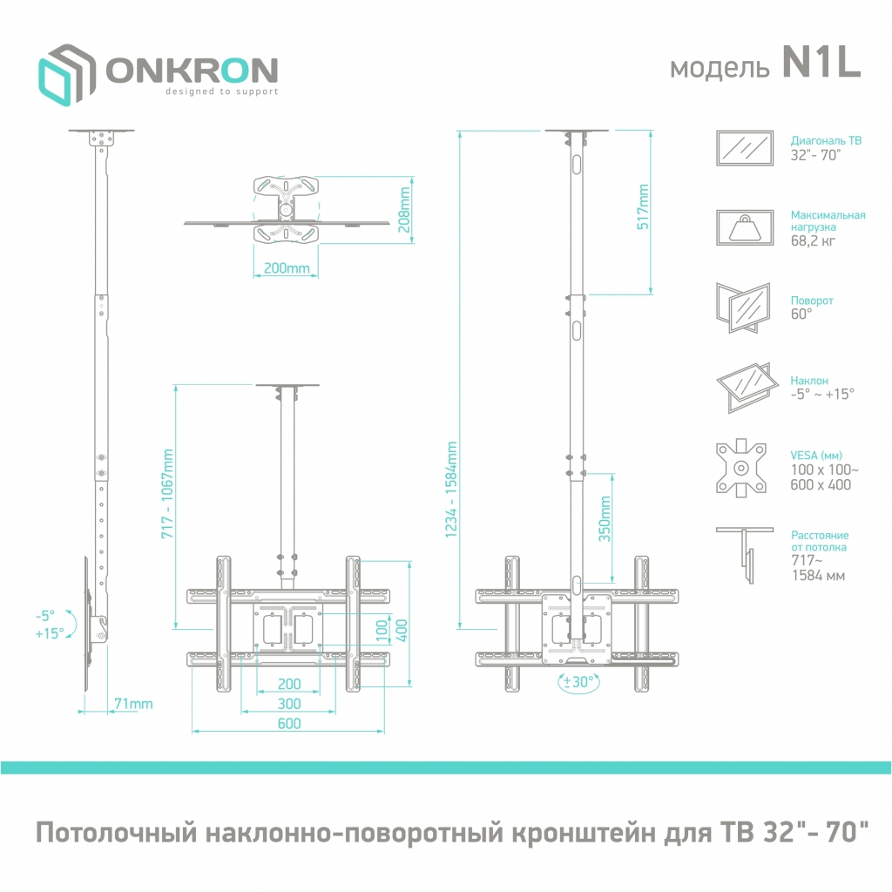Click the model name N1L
[x=821, y=62]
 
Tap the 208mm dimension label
[x=404, y=209]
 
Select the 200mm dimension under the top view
[x=287, y=268]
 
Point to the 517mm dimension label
[x=642, y=207]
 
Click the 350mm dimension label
[x=605, y=519]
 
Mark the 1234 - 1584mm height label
[x=451, y=490]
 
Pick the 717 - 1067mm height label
[x=167, y=494]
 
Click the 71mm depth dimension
[x=133, y=704]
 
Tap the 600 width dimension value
[x=289, y=724]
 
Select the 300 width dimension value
[x=289, y=704]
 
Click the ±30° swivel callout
[x=578, y=681]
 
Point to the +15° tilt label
[x=50, y=633]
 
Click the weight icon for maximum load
[x=745, y=227]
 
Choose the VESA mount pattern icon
[x=740, y=468]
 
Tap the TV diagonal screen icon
[x=745, y=148]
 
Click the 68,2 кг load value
[x=813, y=240]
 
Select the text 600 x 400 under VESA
[x=821, y=484]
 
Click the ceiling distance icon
[x=745, y=555]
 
